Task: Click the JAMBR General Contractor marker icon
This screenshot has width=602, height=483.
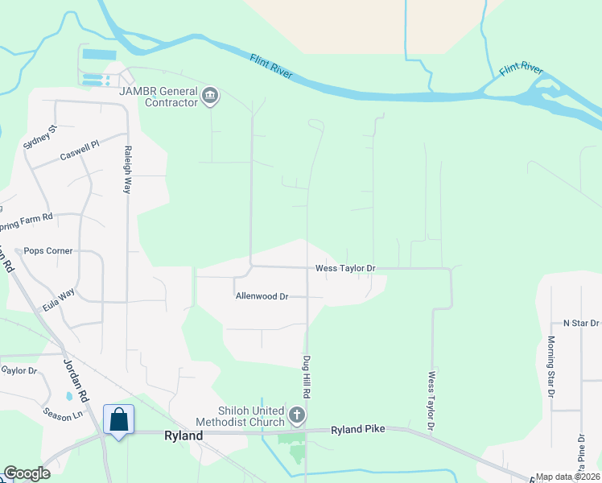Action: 210,97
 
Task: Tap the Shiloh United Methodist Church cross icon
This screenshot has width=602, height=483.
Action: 297,416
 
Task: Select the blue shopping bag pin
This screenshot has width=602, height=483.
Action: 118,420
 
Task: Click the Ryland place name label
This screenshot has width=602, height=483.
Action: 183,435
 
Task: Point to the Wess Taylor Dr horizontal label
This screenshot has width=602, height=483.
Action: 345,268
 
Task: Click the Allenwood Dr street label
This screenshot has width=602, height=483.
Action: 262,296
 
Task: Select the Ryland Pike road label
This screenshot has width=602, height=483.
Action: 358,430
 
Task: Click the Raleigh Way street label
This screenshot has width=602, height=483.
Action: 127,171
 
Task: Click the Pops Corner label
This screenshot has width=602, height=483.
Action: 48,250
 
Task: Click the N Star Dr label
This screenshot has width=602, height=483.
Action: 581,322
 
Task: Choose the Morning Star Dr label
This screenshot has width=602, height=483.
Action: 551,367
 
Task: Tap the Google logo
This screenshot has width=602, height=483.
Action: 27,473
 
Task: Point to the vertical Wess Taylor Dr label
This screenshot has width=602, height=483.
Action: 432,399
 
